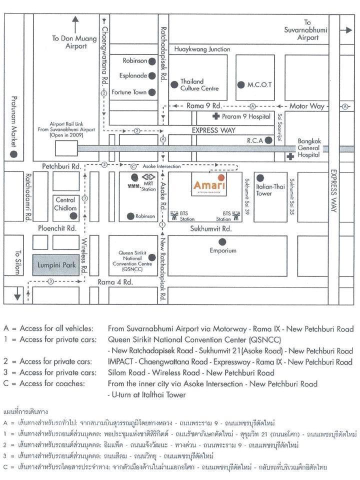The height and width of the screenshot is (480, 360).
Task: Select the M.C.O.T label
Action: (x=259, y=84)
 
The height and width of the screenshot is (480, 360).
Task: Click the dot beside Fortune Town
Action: (x=152, y=92)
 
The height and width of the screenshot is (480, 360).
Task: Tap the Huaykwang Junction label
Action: (x=202, y=49)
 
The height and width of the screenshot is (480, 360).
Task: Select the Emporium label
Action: (x=222, y=250)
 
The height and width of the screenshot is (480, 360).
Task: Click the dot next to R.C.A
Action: (x=268, y=140)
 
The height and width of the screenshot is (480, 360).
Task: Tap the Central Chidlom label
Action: (x=65, y=203)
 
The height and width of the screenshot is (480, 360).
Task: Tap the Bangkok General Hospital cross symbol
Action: (x=289, y=157)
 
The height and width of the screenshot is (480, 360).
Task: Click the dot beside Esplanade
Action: (x=152, y=76)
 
